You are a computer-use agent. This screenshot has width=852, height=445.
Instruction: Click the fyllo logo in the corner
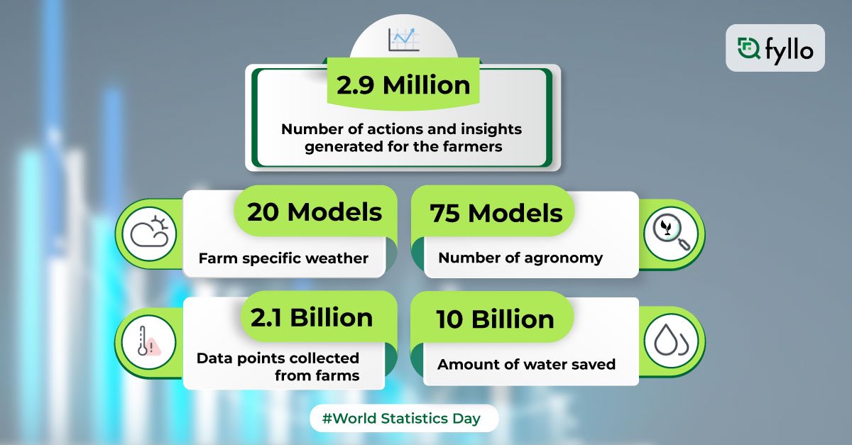(x=775, y=48)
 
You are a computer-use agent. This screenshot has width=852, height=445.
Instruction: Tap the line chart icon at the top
(x=403, y=39)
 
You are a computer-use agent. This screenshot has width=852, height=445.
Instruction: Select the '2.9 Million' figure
(x=403, y=86)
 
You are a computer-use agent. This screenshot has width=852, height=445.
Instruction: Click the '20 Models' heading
(x=315, y=211)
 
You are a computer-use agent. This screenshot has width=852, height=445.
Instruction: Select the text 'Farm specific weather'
(x=283, y=258)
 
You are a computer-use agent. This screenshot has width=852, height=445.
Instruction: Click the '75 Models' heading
(x=496, y=213)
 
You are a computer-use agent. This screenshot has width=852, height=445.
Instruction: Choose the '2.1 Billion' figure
(x=311, y=317)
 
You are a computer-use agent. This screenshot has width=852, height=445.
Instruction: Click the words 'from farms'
(x=317, y=375)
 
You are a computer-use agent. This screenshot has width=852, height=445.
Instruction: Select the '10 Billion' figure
(x=496, y=319)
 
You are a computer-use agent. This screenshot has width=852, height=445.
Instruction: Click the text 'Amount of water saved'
(x=526, y=365)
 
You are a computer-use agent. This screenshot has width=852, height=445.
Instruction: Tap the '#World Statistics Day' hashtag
(x=401, y=419)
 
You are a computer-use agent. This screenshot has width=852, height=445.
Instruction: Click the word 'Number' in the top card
(x=310, y=129)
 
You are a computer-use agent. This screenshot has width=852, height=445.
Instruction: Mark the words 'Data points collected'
(x=278, y=358)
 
